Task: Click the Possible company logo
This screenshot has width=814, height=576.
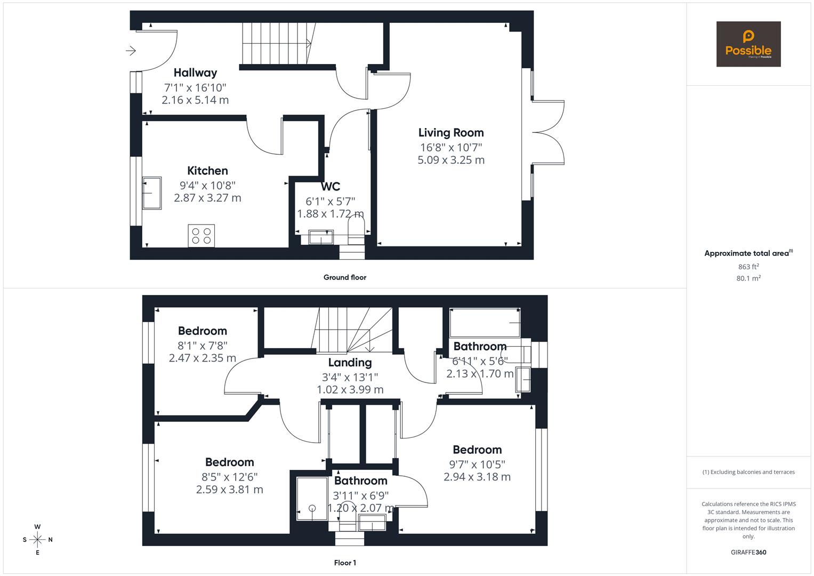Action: pyautogui.click(x=748, y=44)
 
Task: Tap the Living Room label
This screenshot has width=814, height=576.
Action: pyautogui.click(x=450, y=133)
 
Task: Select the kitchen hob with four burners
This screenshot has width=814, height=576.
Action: pyautogui.click(x=201, y=236)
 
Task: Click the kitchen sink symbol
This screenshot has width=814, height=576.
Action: pyautogui.click(x=151, y=193)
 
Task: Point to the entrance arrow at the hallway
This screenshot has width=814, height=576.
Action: pyautogui.click(x=131, y=51)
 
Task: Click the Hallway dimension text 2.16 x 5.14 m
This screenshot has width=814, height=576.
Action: pyautogui.click(x=195, y=100)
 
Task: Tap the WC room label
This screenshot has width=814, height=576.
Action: pyautogui.click(x=330, y=187)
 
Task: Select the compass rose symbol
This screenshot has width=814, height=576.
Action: pyautogui.click(x=37, y=540)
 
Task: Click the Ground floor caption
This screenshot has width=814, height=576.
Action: pyautogui.click(x=344, y=277)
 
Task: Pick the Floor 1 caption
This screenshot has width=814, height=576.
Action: pyautogui.click(x=345, y=563)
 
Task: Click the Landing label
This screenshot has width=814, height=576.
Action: pyautogui.click(x=350, y=363)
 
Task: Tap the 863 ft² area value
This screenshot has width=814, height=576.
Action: pyautogui.click(x=748, y=267)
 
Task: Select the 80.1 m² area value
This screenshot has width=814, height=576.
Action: pyautogui.click(x=748, y=278)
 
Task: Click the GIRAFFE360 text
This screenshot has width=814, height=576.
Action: pyautogui.click(x=748, y=553)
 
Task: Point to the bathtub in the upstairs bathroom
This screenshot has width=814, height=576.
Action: pyautogui.click(x=485, y=323)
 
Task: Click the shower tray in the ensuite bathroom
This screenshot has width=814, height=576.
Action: pyautogui.click(x=312, y=499)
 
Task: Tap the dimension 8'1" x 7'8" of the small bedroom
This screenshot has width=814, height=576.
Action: pyautogui.click(x=202, y=345)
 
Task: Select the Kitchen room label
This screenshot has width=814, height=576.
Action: pyautogui.click(x=207, y=171)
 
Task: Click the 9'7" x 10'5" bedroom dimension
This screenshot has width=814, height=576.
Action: pyautogui.click(x=477, y=464)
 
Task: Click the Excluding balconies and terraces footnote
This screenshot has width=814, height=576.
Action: pyautogui.click(x=748, y=472)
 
